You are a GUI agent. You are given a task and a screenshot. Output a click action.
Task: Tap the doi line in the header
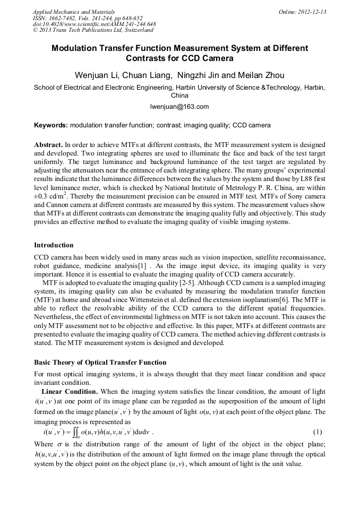pyautogui.click(x=95, y=24)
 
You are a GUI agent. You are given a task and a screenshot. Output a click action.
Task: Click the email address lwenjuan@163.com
pyautogui.click(x=179, y=107)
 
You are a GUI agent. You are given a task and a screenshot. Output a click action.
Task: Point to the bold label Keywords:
pyautogui.click(x=51, y=126)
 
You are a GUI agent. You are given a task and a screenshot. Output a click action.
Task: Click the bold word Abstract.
pyautogui.click(x=48, y=144)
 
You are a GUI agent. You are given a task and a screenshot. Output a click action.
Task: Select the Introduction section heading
pyautogui.click(x=54, y=245)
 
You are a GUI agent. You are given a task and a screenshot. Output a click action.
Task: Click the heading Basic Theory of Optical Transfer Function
pyautogui.click(x=100, y=363)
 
